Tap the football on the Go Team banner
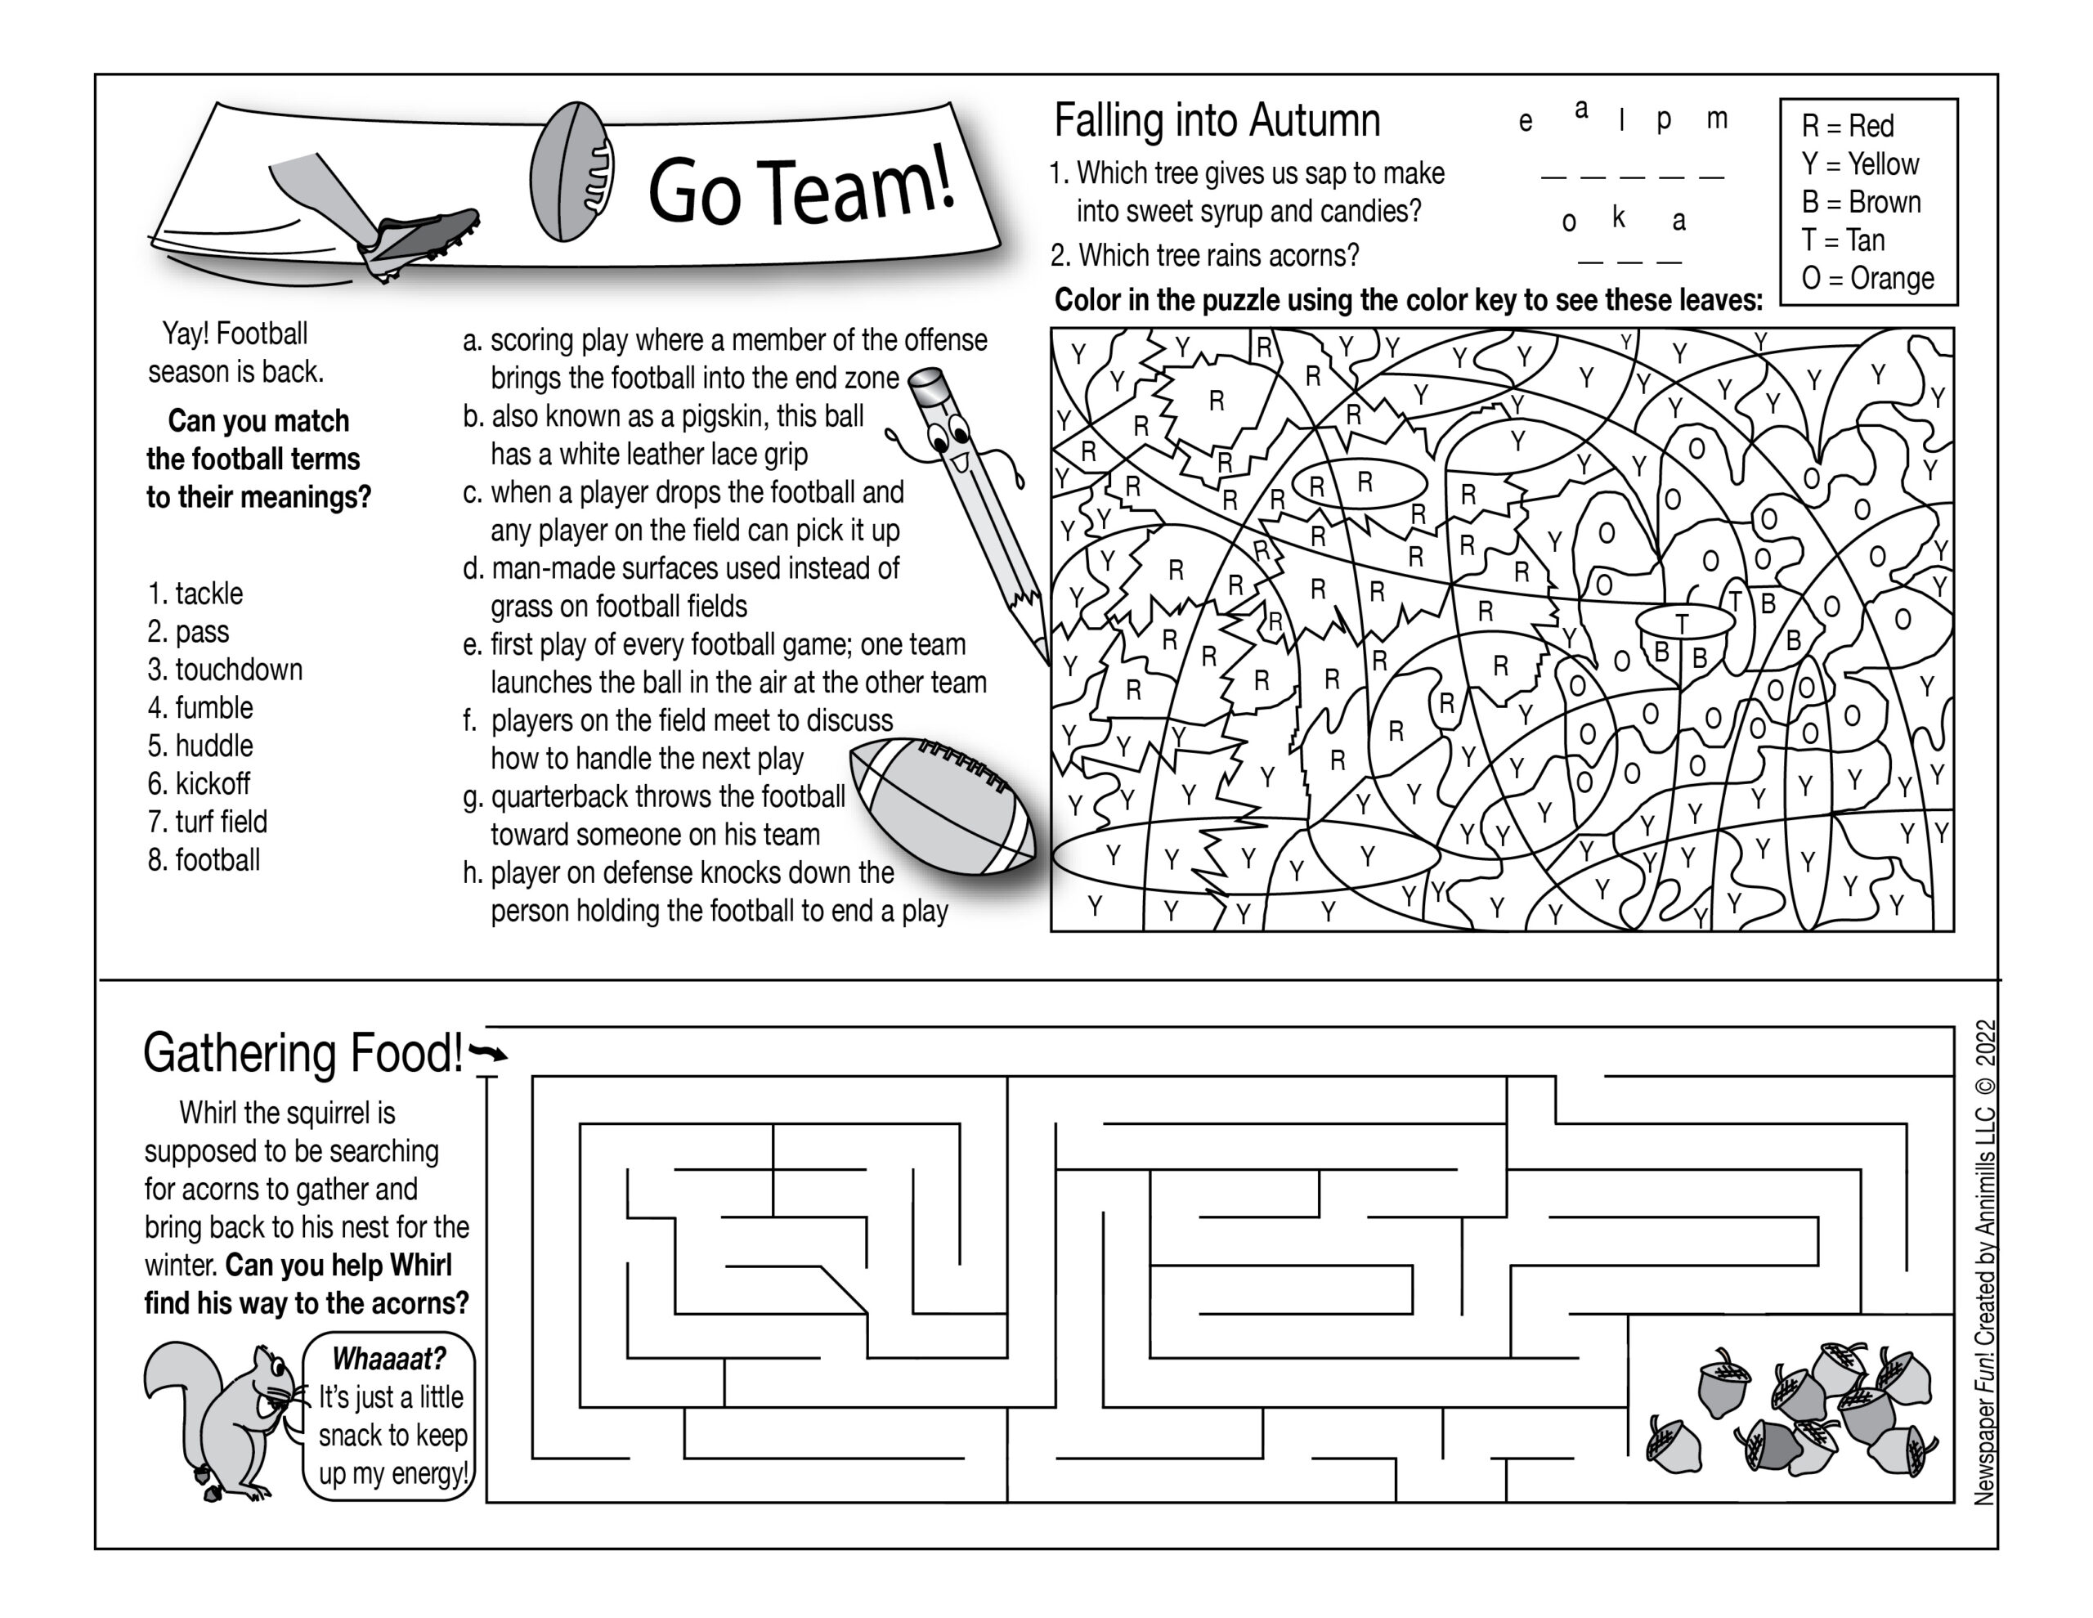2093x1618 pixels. tap(572, 173)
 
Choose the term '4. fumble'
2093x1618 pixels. tap(200, 708)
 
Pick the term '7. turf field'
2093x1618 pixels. tap(207, 822)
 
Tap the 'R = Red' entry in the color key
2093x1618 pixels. tap(1847, 126)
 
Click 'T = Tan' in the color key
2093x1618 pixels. tap(1842, 240)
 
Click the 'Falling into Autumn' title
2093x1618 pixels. tap(1217, 122)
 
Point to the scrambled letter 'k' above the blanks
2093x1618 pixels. tap(1619, 217)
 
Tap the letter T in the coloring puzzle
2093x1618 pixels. tap(1682, 623)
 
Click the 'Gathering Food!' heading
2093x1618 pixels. tap(303, 1053)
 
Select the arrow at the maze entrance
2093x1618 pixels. tap(490, 1053)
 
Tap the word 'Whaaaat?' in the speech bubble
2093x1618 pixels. tap(388, 1359)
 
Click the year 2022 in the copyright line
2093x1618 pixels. tap(1986, 1043)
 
